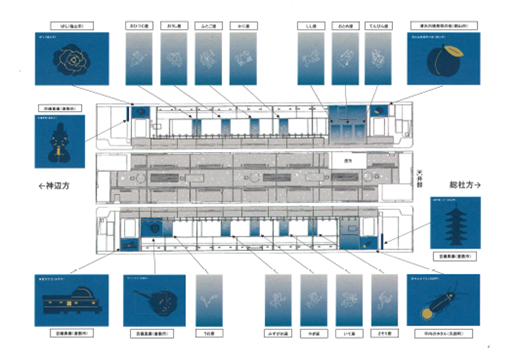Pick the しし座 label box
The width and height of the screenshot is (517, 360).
pos(310,27)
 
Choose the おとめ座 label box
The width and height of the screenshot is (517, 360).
pos(344,27)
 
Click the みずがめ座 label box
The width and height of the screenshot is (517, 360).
pos(278,334)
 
